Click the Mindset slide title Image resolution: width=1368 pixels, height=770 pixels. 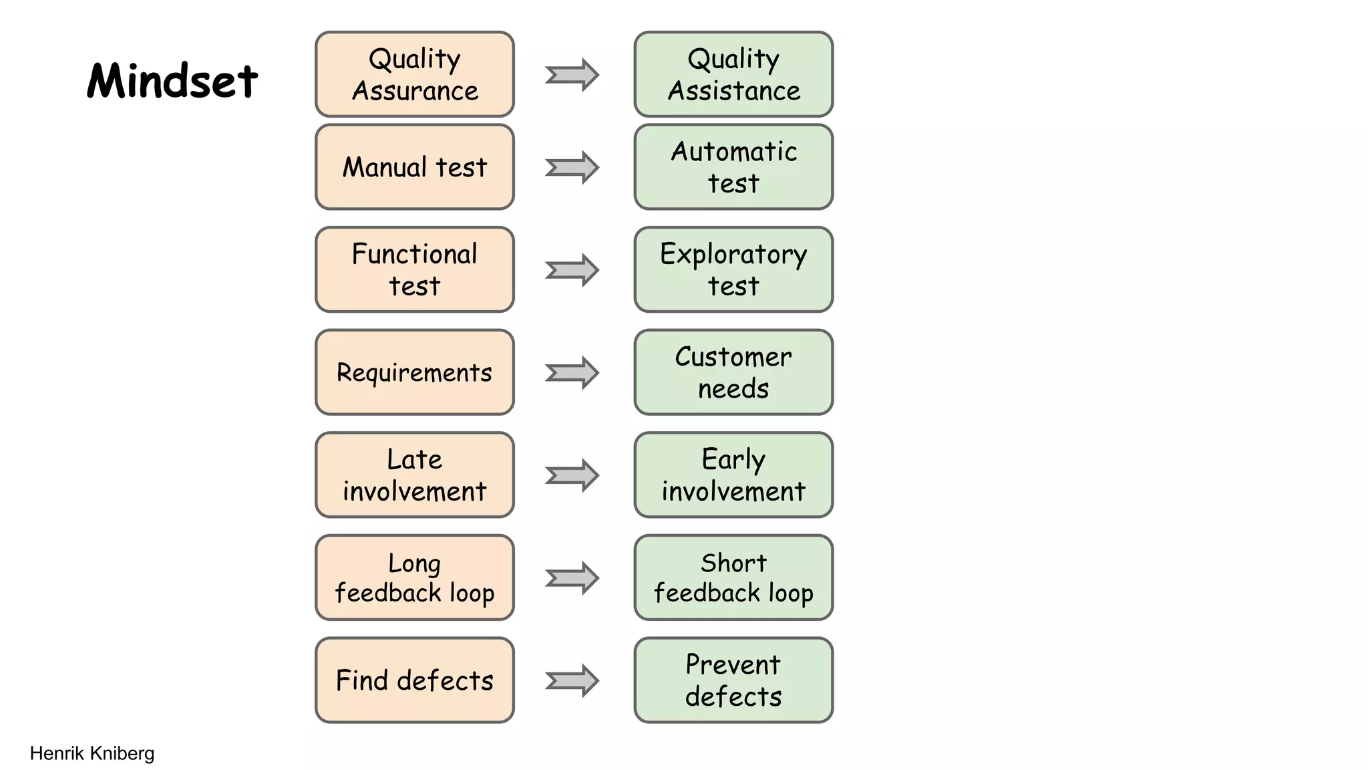click(x=172, y=81)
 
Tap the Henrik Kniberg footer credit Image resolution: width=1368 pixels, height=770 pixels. click(x=92, y=753)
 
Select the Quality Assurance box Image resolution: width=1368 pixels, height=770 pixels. click(x=415, y=74)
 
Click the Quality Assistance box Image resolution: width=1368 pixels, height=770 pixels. click(x=733, y=74)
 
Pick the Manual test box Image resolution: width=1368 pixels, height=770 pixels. click(x=415, y=167)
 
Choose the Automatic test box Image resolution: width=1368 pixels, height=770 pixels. click(x=733, y=167)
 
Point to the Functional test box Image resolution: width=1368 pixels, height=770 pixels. click(x=415, y=269)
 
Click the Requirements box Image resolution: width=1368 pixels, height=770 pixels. click(x=415, y=372)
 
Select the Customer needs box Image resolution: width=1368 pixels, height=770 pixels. click(x=733, y=372)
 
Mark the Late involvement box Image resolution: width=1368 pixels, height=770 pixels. click(x=415, y=475)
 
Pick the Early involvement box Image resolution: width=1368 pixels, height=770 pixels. click(x=733, y=475)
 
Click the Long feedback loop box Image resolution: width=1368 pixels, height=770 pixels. click(x=415, y=577)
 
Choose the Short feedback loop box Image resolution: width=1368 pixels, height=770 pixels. click(x=733, y=577)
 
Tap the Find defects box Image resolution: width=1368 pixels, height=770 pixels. click(x=415, y=680)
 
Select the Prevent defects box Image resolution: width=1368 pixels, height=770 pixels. click(x=733, y=680)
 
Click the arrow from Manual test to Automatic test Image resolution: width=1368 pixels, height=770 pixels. click(x=572, y=167)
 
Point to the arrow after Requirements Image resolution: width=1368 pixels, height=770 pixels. click(x=572, y=372)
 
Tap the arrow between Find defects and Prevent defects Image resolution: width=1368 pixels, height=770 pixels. click(x=572, y=680)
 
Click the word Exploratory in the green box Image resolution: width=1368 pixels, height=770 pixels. click(x=733, y=255)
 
